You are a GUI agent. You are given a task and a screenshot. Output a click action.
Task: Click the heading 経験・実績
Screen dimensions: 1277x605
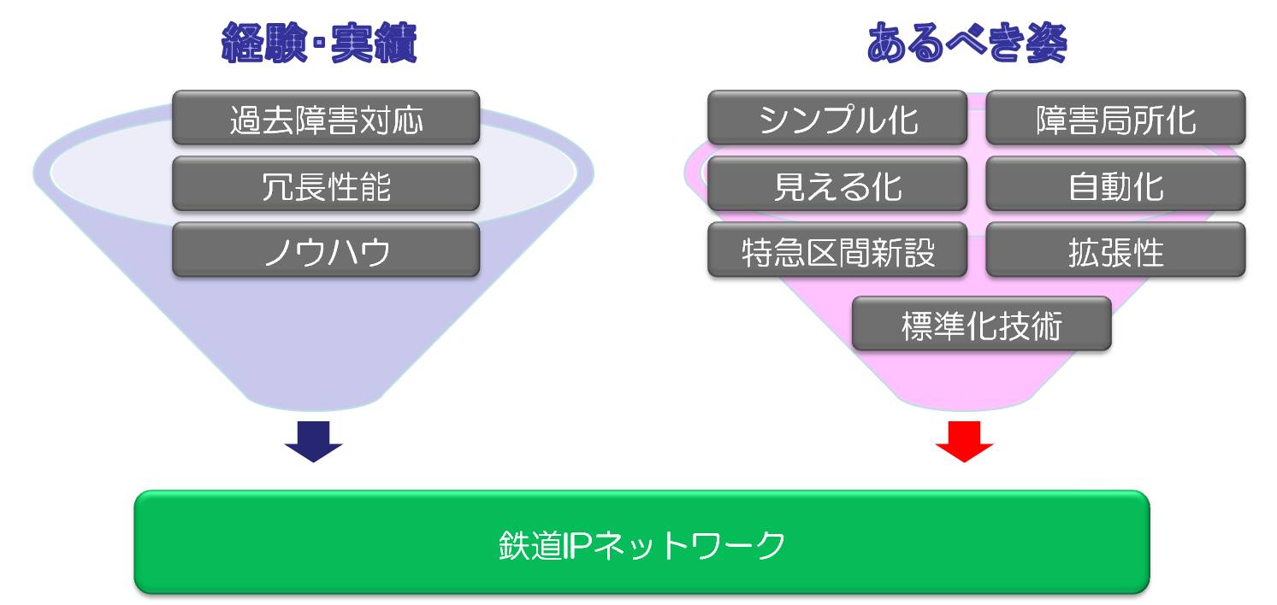click(x=319, y=43)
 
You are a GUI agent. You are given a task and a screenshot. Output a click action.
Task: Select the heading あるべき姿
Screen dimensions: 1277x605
click(x=967, y=43)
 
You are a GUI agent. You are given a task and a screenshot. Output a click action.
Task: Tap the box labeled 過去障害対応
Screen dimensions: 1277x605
click(x=326, y=118)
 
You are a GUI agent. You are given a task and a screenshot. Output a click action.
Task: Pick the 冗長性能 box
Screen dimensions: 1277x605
click(x=326, y=184)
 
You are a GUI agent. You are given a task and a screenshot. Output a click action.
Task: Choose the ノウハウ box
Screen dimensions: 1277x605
click(x=326, y=250)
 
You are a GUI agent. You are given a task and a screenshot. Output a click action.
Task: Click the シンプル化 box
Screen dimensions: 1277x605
click(x=837, y=118)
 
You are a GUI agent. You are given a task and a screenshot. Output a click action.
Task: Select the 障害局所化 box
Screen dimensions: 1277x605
click(x=1115, y=118)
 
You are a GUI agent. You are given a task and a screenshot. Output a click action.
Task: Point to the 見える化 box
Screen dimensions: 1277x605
click(x=837, y=184)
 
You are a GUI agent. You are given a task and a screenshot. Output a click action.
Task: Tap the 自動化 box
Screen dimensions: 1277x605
click(x=1115, y=184)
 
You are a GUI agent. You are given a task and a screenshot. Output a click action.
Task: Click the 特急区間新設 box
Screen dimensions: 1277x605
click(x=837, y=250)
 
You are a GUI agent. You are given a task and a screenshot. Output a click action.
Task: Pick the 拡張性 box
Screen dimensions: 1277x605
click(x=1115, y=250)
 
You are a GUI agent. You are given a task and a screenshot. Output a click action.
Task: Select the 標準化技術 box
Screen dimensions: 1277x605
click(x=982, y=324)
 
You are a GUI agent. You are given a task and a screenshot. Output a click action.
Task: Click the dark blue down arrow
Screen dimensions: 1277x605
click(x=314, y=442)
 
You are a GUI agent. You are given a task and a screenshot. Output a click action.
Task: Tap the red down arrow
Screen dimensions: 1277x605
click(x=965, y=442)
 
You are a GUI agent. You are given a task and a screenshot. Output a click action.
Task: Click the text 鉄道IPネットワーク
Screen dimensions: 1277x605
click(x=641, y=545)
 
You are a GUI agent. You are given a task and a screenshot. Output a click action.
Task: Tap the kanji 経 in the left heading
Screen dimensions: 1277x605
click(x=242, y=43)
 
